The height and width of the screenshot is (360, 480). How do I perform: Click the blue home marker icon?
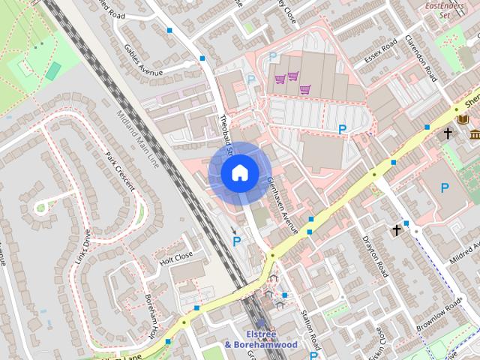pos(239,172)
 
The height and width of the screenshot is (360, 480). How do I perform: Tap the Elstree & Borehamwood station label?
pos(261,339)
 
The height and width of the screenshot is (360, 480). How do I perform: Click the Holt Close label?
pos(176,259)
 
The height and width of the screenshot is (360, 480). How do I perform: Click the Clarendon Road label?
pos(420,58)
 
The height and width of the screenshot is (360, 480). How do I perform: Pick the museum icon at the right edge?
pos(475,134)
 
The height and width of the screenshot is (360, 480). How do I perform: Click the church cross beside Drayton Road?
pos(397,231)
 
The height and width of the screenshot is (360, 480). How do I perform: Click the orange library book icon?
pos(463,119)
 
